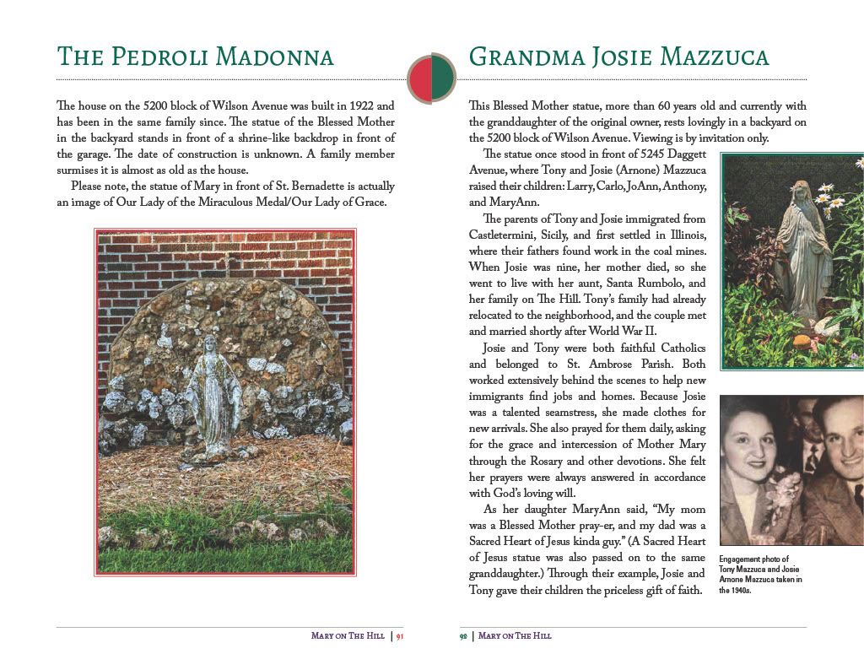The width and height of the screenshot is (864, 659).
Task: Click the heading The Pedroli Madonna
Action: (x=195, y=57)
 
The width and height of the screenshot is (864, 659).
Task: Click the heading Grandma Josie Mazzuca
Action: (x=618, y=57)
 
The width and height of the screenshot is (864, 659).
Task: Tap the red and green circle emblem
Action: (x=432, y=78)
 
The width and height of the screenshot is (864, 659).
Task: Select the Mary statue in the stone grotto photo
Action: (x=212, y=387)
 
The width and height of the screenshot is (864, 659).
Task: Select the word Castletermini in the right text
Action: (x=507, y=235)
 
